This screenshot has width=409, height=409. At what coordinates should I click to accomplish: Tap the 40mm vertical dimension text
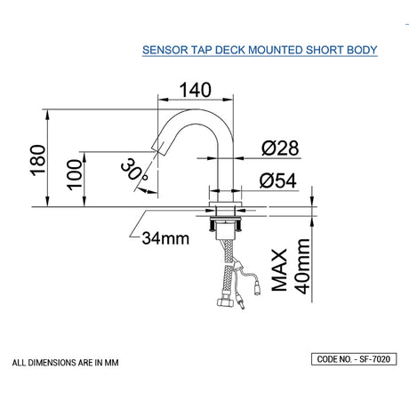(x=303, y=271)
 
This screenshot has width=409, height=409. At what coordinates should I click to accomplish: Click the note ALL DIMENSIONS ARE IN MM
(x=66, y=363)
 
